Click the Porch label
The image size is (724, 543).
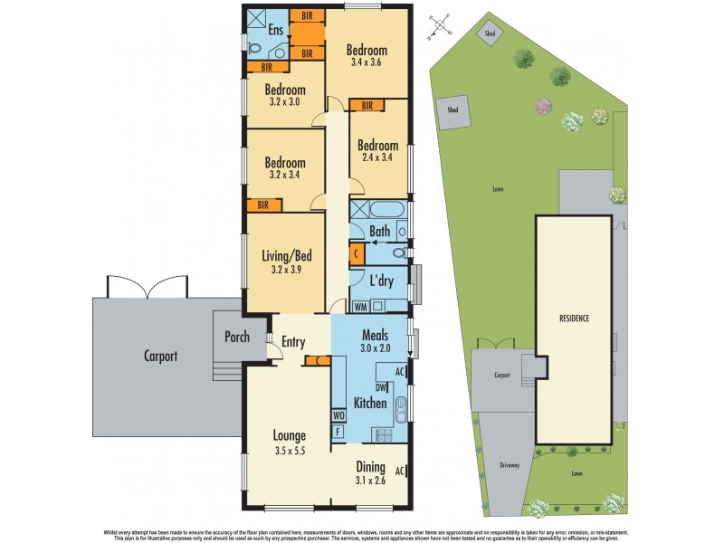tap(237, 337)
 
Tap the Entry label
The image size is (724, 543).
tap(293, 342)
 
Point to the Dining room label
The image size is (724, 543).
tap(370, 468)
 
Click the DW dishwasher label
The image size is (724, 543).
tap(381, 387)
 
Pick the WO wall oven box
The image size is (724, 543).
tap(339, 415)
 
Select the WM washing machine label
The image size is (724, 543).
tap(359, 306)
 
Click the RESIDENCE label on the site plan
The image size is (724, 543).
tap(574, 319)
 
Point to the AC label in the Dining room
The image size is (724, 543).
tap(399, 471)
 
